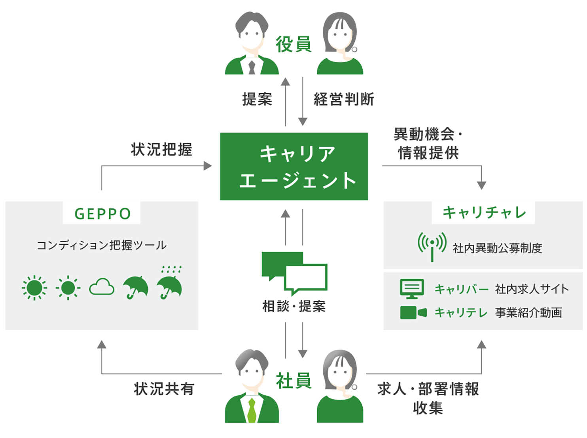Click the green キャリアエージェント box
click(x=294, y=166)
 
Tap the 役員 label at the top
click(x=293, y=44)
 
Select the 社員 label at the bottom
click(x=293, y=381)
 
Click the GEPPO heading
click(x=102, y=214)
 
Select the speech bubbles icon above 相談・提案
click(x=294, y=272)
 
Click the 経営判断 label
click(x=344, y=99)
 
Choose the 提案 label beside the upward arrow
click(x=257, y=99)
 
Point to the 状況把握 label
click(x=161, y=149)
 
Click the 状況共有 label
click(x=164, y=389)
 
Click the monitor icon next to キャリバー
click(x=412, y=289)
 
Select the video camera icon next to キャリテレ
click(x=413, y=313)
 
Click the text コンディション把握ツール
click(x=102, y=245)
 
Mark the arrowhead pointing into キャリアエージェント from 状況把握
click(x=208, y=166)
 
